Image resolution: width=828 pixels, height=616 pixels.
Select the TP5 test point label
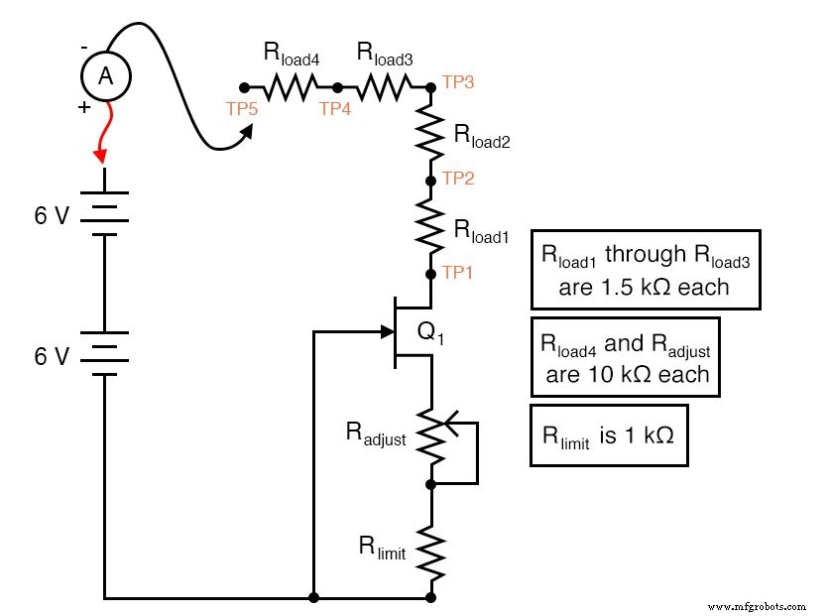(240, 109)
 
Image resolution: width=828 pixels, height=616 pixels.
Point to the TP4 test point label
(335, 109)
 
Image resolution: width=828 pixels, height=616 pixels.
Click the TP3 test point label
(458, 81)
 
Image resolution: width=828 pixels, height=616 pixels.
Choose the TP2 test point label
(458, 179)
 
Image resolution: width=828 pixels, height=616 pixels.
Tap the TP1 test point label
(458, 271)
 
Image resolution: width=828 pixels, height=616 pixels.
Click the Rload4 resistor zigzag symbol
(291, 87)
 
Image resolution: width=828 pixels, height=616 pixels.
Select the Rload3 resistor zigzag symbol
(384, 87)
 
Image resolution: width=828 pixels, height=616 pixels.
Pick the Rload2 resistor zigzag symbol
(430, 134)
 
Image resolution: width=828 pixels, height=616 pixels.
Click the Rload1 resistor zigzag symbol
(430, 227)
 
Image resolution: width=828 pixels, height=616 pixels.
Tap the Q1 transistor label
(430, 335)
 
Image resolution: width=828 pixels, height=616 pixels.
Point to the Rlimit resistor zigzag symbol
(430, 549)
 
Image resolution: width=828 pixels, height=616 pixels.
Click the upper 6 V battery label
(52, 214)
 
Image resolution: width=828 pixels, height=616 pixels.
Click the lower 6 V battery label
(52, 355)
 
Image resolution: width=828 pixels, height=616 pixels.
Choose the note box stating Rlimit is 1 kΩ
(609, 434)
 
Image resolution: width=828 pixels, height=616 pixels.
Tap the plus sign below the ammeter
(83, 107)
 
